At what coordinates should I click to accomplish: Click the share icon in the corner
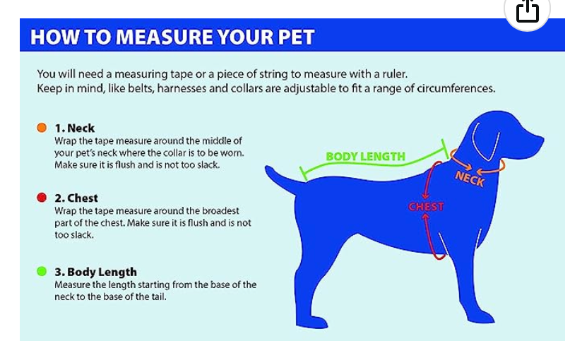[527, 11]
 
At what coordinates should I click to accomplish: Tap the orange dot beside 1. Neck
[42, 128]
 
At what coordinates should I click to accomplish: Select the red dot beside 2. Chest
[42, 198]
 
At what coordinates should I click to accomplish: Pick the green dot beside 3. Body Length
[42, 271]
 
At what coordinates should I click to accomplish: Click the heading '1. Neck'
[75, 128]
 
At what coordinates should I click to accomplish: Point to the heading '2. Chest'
[76, 198]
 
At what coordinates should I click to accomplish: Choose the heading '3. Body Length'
[96, 272]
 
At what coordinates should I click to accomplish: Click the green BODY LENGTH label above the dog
[366, 157]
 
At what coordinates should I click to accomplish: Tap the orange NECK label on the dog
[470, 179]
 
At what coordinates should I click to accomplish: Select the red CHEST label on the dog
[426, 207]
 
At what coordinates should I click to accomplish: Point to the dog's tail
[280, 180]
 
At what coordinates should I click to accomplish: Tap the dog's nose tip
[542, 140]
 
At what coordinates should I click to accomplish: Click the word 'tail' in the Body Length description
[158, 297]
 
